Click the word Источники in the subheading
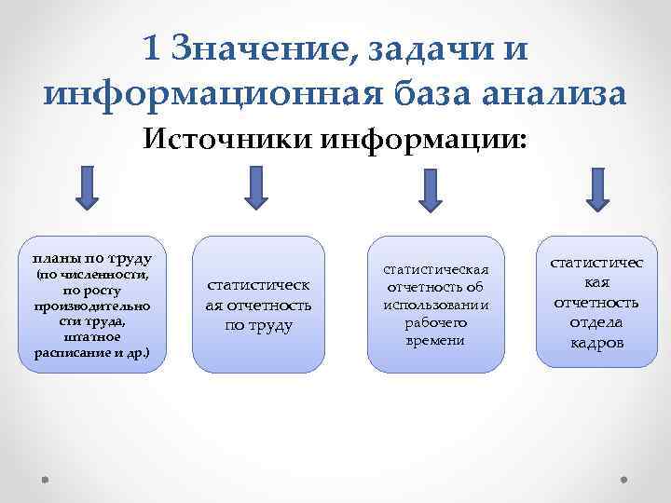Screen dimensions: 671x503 pos(227,141)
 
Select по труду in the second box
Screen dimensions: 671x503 pos(259,325)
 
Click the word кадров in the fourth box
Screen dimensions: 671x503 pos(596,342)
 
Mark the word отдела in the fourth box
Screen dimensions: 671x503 pos(596,322)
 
